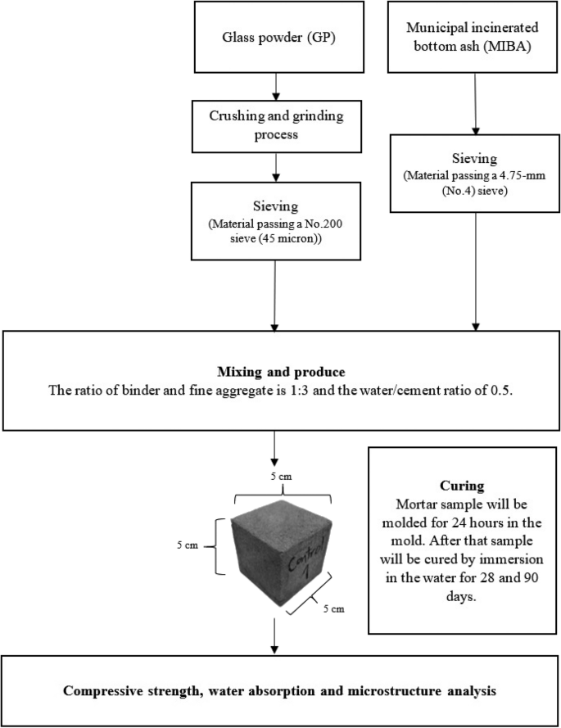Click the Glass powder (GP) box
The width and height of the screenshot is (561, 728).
tap(278, 36)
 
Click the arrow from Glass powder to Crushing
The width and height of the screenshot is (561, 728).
tap(278, 84)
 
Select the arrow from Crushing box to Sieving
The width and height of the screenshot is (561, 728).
tap(278, 166)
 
